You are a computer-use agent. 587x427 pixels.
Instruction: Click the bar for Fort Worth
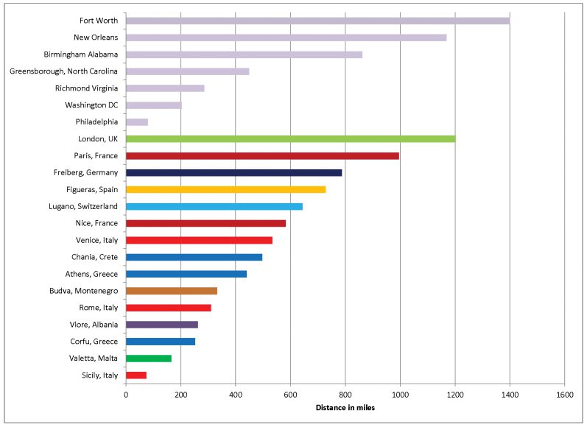pyautogui.click(x=317, y=21)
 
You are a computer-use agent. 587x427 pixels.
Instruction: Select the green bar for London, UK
pyautogui.click(x=290, y=138)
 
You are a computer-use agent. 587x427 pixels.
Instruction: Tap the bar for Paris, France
pyautogui.click(x=262, y=155)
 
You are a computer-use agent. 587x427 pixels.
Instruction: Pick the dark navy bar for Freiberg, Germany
pyautogui.click(x=233, y=172)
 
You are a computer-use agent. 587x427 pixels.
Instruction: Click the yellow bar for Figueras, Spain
pyautogui.click(x=225, y=189)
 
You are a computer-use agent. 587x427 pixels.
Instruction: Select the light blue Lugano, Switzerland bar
pyautogui.click(x=214, y=206)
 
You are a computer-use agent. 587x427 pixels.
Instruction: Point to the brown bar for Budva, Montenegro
pyautogui.click(x=171, y=291)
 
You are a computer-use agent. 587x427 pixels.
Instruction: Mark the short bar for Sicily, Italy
pyautogui.click(x=136, y=375)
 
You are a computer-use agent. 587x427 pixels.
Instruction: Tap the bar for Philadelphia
pyautogui.click(x=136, y=121)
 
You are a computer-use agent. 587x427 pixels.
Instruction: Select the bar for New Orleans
pyautogui.click(x=286, y=38)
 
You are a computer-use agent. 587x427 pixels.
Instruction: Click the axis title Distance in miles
pyautogui.click(x=345, y=407)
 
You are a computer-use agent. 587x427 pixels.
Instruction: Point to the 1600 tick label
pyautogui.click(x=564, y=394)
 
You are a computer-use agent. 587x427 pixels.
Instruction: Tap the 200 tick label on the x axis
pyautogui.click(x=180, y=394)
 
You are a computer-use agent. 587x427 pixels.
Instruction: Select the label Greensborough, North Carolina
pyautogui.click(x=64, y=71)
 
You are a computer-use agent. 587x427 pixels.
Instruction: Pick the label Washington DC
pyautogui.click(x=91, y=105)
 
